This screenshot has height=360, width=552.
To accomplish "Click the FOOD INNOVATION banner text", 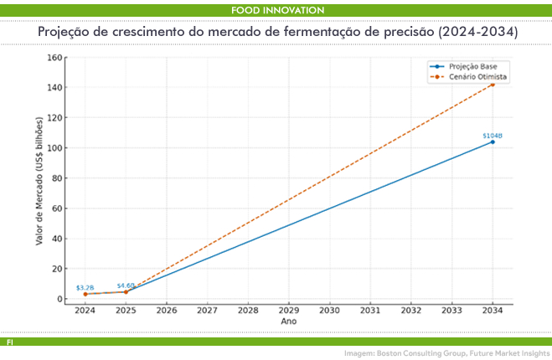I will click(276, 9).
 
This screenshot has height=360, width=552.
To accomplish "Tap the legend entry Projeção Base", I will click(473, 66).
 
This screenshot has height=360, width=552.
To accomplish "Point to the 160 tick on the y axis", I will click(56, 58).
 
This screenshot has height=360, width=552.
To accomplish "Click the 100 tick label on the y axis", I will click(56, 148).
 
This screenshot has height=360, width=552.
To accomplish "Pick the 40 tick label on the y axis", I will click(58, 239).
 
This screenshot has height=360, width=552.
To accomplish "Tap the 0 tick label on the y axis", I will click(60, 299).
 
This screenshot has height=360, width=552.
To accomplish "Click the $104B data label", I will click(492, 135).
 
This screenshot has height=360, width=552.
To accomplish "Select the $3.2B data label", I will click(85, 287).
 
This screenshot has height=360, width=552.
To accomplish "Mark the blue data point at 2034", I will click(493, 141).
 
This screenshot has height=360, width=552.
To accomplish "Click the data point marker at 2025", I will click(126, 291).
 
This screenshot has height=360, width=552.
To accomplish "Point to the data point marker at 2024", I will click(85, 294).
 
